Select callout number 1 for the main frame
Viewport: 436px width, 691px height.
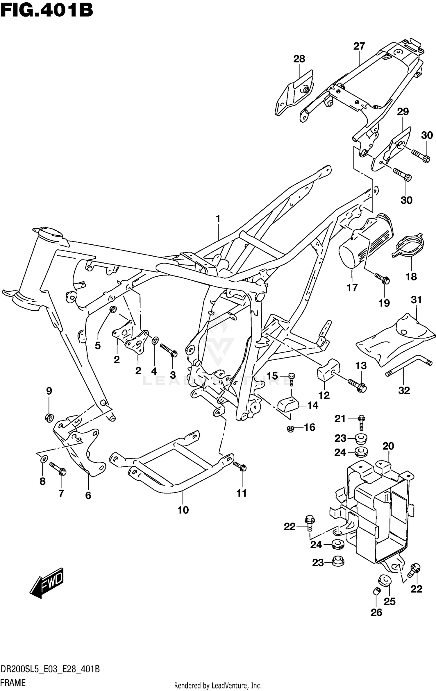click(218, 219)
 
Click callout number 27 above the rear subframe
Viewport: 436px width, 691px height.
click(359, 46)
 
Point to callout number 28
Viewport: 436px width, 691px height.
click(299, 59)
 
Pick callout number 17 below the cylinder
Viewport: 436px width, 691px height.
click(352, 288)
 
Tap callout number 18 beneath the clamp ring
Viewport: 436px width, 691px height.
click(411, 276)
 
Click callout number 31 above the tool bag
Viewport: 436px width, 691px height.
click(416, 300)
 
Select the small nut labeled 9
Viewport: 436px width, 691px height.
click(49, 418)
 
